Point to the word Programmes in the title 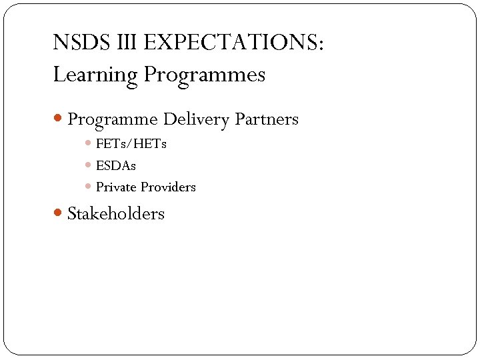coord(205,75)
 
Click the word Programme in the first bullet coord(113,120)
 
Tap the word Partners coord(267,120)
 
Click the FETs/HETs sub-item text coord(131,143)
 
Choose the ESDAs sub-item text coord(116,165)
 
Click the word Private coord(116,187)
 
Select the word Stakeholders coord(116,214)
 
